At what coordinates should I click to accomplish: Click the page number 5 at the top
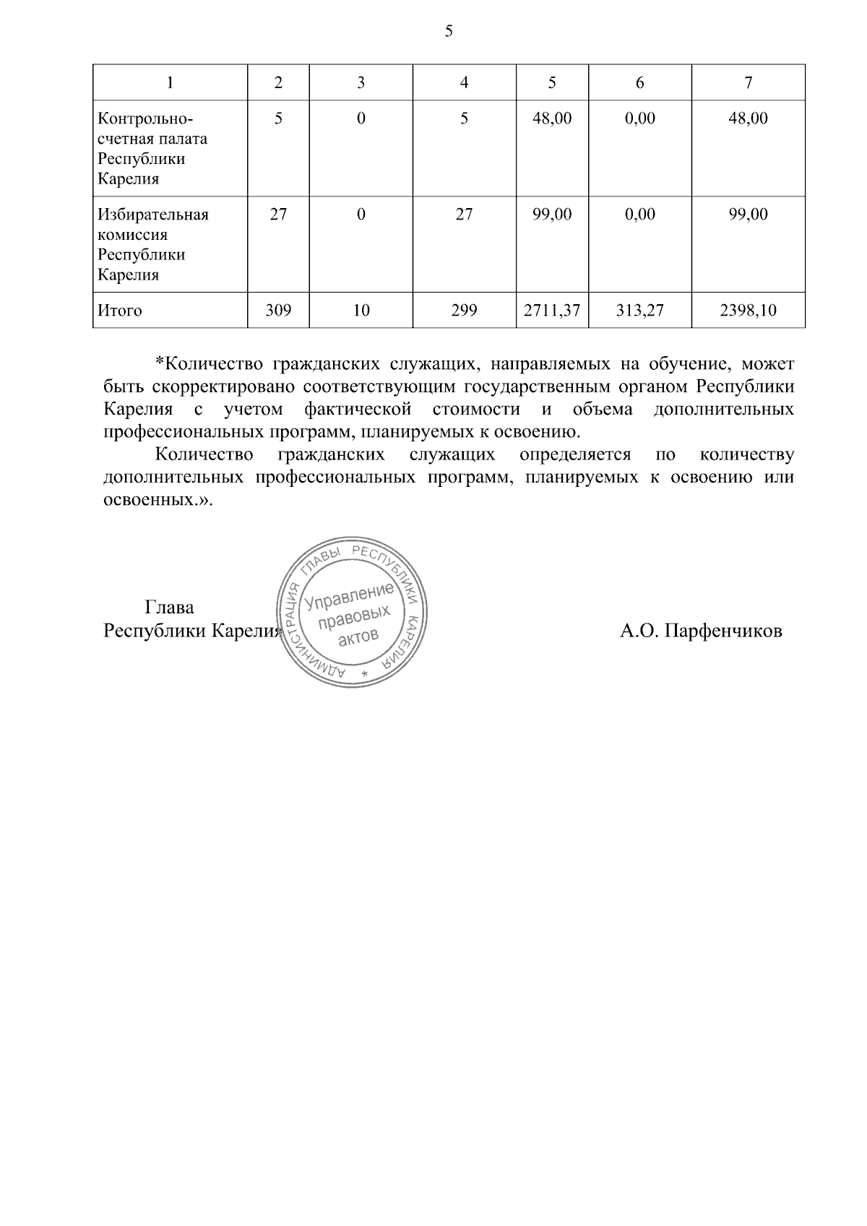[x=449, y=31]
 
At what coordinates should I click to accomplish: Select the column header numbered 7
[x=748, y=83]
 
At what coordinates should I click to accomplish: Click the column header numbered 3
[x=361, y=83]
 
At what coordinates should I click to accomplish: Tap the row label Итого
[x=120, y=311]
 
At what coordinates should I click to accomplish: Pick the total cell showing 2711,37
[x=552, y=311]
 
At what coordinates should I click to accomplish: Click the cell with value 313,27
[x=639, y=311]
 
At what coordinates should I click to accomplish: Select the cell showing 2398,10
[x=748, y=311]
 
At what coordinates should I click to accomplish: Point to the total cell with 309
[x=278, y=311]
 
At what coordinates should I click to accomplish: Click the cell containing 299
[x=464, y=311]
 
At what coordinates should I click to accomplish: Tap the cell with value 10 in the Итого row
[x=361, y=311]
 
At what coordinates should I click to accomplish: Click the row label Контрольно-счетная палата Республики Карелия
[x=152, y=148]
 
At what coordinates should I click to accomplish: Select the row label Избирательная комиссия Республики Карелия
[x=153, y=244]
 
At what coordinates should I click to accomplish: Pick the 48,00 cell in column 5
[x=552, y=118]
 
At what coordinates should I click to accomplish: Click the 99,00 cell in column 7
[x=748, y=215]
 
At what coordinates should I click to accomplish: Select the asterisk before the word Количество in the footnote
[x=160, y=362]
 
